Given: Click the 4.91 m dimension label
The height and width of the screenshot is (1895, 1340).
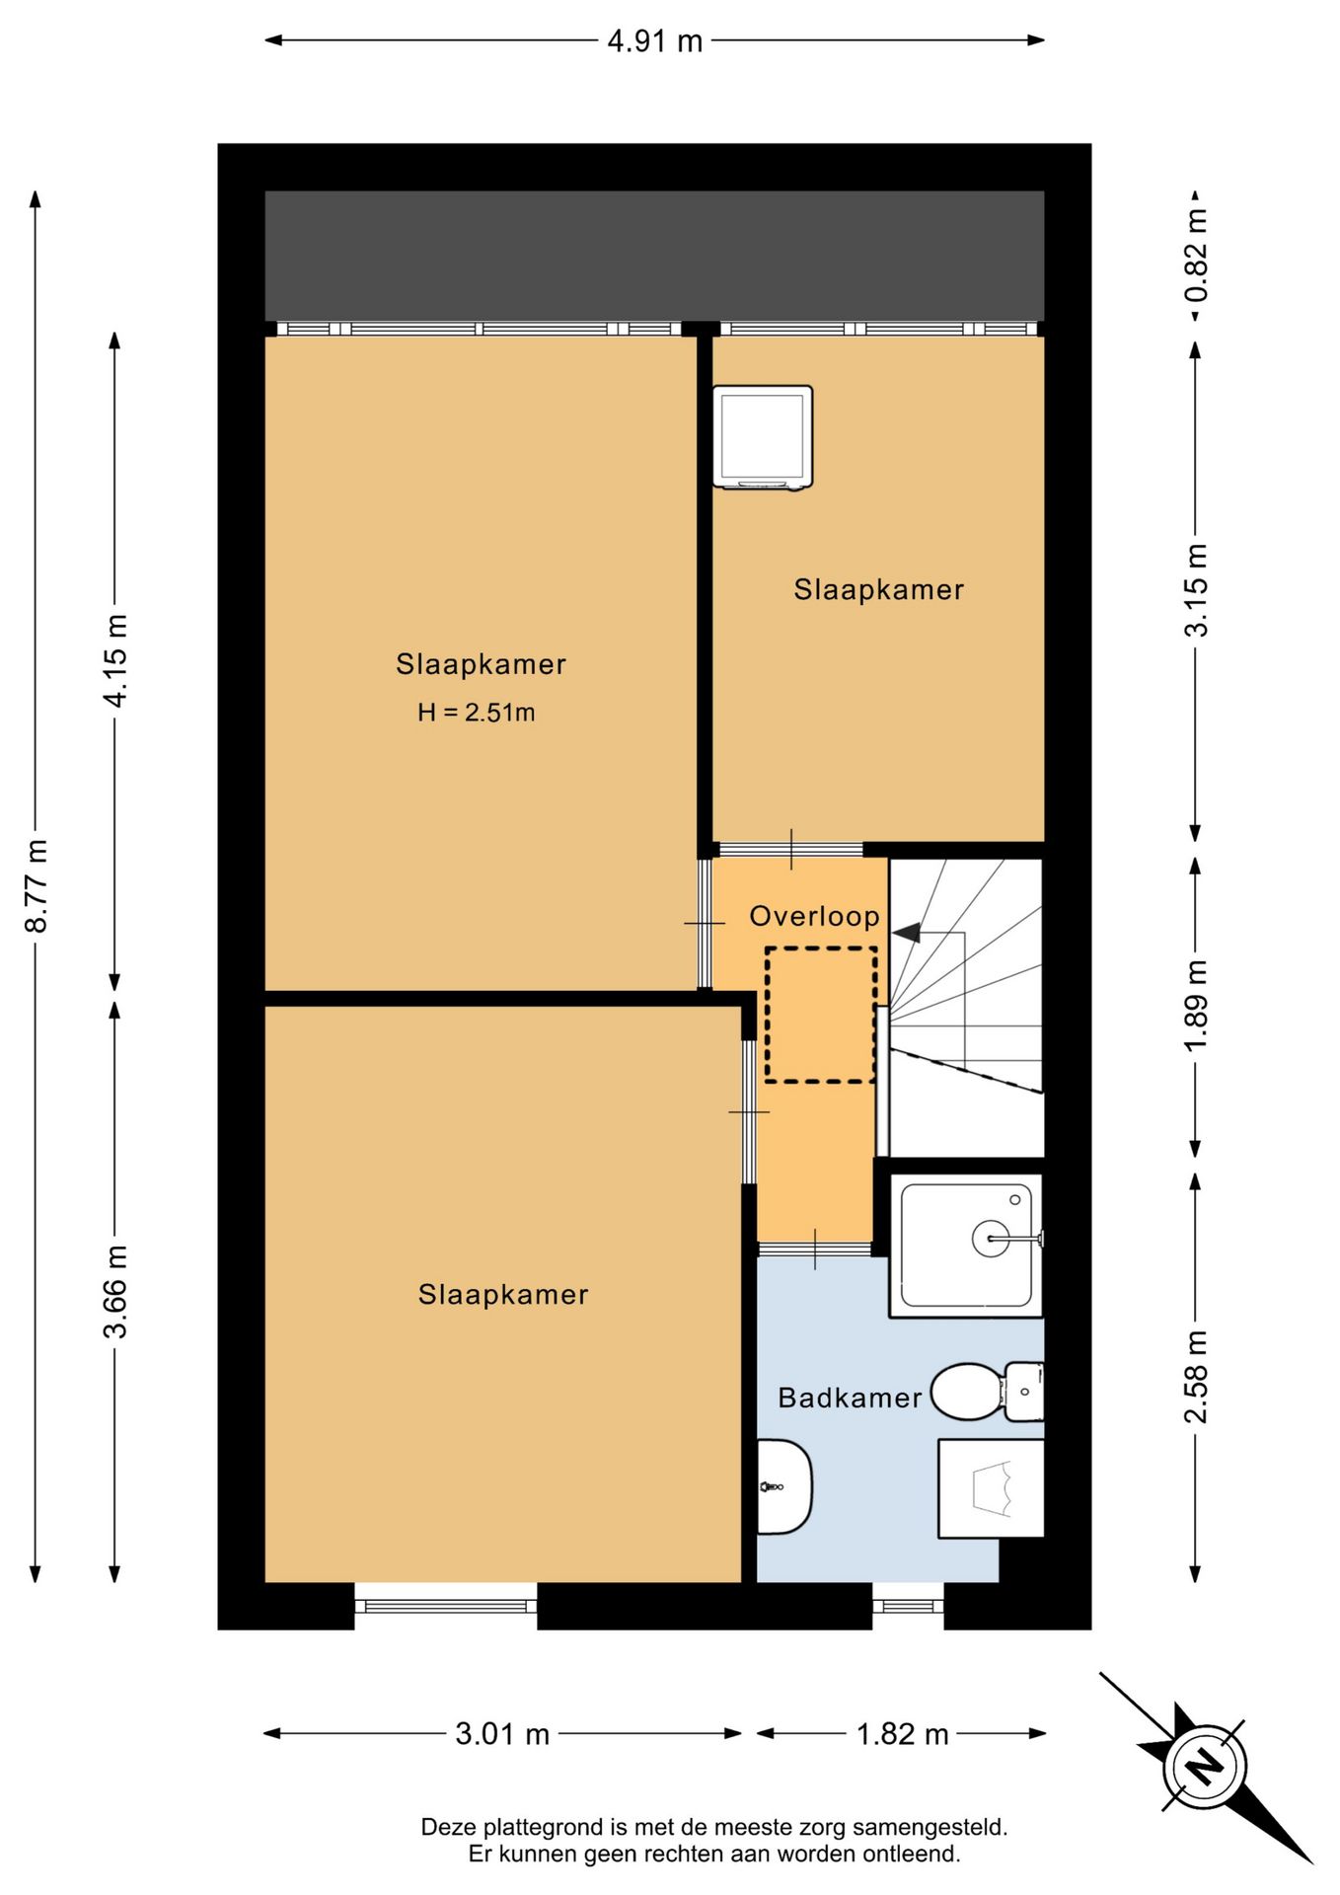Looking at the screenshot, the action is (x=655, y=41).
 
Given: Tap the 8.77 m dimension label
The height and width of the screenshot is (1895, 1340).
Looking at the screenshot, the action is (x=37, y=885).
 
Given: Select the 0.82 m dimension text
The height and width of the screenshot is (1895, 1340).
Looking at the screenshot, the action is (x=1196, y=256).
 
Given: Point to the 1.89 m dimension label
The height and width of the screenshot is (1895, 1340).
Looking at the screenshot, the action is (x=1196, y=1006).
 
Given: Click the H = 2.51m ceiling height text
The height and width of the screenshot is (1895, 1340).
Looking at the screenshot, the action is (x=476, y=712).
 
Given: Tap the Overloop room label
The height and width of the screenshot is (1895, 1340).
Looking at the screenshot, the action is (x=814, y=916).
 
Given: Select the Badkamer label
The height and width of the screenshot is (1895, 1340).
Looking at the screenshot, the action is (x=850, y=1397).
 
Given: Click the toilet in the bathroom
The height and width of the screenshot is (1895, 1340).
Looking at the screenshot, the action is (x=987, y=1392).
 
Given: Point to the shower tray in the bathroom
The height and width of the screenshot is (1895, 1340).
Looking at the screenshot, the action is (x=966, y=1246).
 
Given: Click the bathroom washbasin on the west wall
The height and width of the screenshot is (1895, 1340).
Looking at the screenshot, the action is (x=783, y=1486).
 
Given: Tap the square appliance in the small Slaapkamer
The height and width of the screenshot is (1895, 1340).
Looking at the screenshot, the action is (x=763, y=437).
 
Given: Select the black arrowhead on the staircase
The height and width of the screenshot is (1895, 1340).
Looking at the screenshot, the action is (x=906, y=932).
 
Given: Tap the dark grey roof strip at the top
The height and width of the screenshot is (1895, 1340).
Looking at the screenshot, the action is (x=654, y=255).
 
